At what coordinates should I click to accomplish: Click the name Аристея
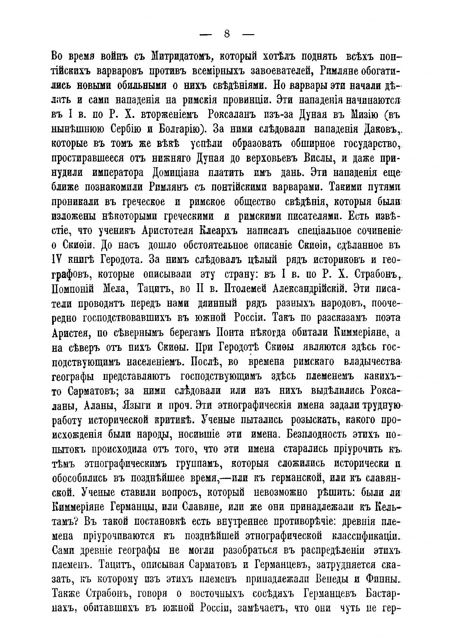(x=70, y=332)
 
